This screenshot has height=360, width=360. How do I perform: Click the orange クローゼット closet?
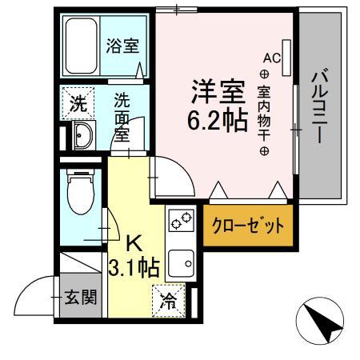pos(247,226)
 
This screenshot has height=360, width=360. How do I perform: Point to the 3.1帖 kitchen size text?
pos(134,265)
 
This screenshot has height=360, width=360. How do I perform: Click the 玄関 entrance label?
pos(80,298)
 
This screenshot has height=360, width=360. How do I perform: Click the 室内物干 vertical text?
pos(263,112)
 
